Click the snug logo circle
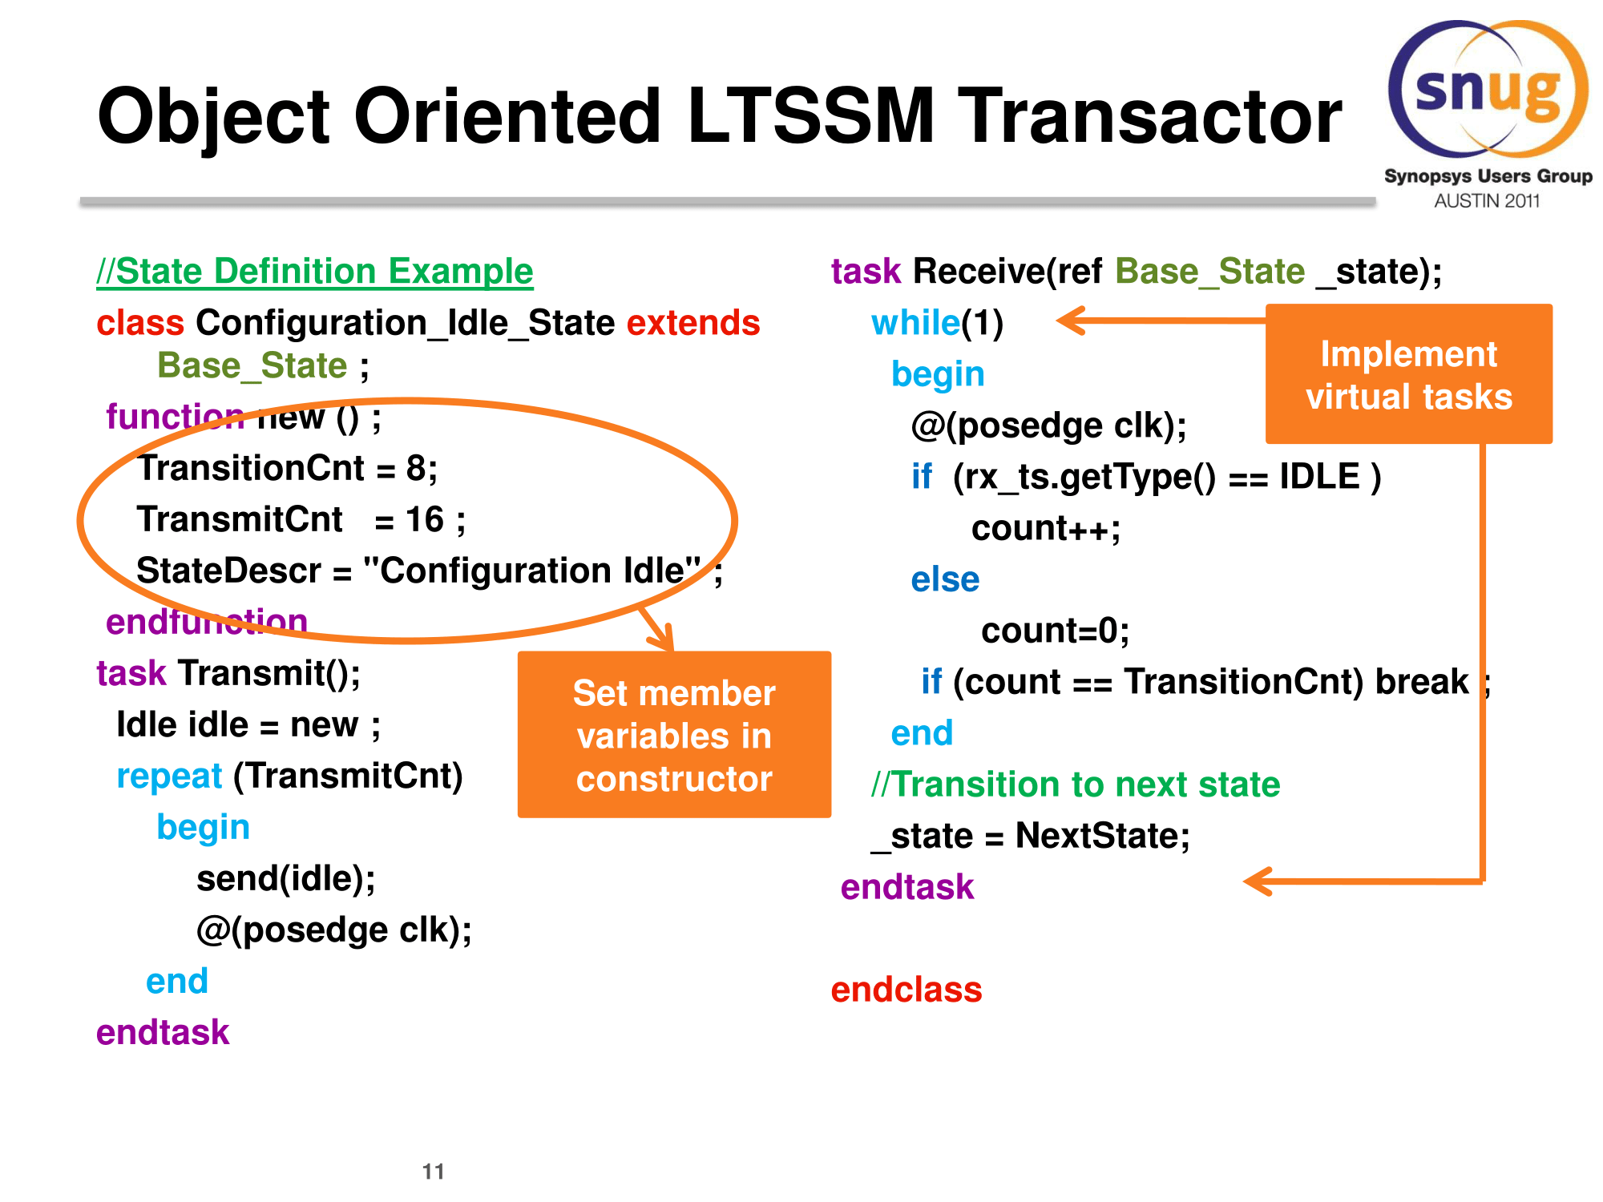point(1488,89)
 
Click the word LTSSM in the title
point(810,117)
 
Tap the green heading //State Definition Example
point(314,272)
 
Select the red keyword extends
point(692,323)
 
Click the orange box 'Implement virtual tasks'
point(1408,374)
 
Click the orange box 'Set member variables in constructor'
point(674,735)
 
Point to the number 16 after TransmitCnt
point(425,519)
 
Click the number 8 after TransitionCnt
point(415,468)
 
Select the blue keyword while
point(915,323)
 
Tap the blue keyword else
point(945,579)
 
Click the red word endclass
point(906,990)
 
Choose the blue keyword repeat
point(169,776)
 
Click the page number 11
point(433,1172)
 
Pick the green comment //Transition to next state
point(1076,785)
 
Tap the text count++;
point(1045,529)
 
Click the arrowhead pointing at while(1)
point(1071,321)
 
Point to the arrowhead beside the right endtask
point(1258,881)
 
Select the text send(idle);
point(286,879)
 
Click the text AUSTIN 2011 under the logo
point(1487,201)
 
